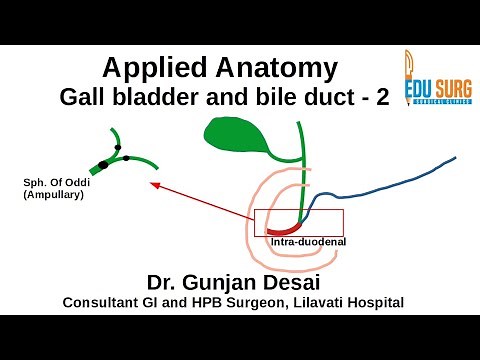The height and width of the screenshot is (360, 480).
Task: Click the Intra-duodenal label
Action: [304, 243]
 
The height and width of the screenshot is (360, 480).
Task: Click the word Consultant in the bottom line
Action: [104, 301]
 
